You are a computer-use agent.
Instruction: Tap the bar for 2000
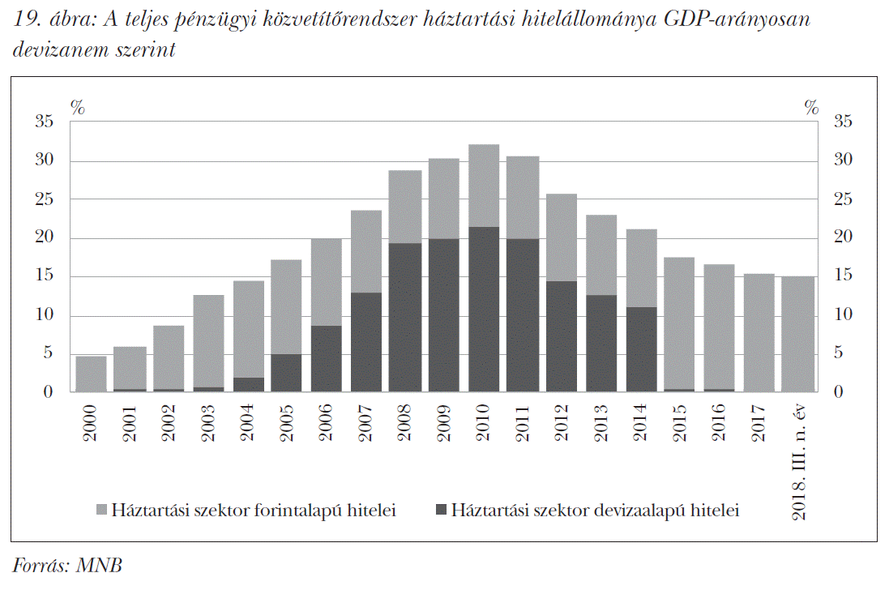pyautogui.click(x=91, y=374)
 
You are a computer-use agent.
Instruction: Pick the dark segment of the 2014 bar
pyautogui.click(x=641, y=349)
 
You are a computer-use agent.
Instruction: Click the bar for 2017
pyautogui.click(x=759, y=333)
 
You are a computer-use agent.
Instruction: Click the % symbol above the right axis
pyautogui.click(x=811, y=107)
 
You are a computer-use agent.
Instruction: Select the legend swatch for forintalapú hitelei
pyautogui.click(x=101, y=511)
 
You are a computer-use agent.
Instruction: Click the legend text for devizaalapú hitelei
pyautogui.click(x=596, y=511)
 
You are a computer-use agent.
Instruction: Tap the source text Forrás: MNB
pyautogui.click(x=67, y=566)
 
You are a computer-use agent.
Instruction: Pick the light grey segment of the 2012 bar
pyautogui.click(x=562, y=237)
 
